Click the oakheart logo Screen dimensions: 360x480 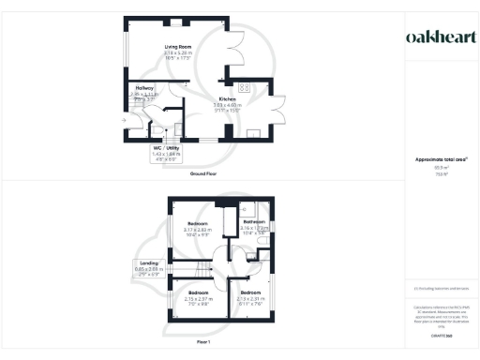tap(441, 37)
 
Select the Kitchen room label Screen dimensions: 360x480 tap(227, 99)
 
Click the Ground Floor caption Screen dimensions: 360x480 tap(203, 174)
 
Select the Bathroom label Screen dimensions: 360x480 tap(253, 222)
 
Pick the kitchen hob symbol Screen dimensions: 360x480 tap(243, 89)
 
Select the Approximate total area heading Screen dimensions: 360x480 tap(441, 159)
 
